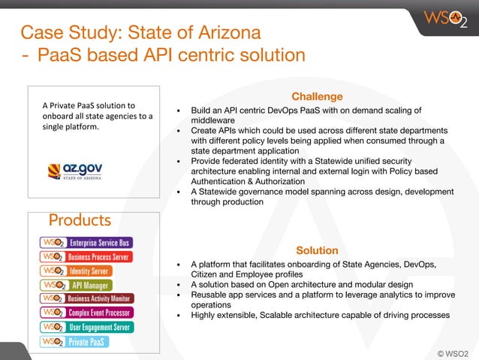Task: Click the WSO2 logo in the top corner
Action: click(x=444, y=18)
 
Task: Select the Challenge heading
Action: click(x=317, y=96)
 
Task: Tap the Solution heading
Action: click(x=317, y=250)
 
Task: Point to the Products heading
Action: click(x=80, y=220)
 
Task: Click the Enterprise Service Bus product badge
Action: click(x=86, y=243)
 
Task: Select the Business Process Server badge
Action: click(x=86, y=257)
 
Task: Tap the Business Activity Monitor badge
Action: click(x=87, y=298)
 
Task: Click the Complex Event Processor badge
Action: click(x=86, y=312)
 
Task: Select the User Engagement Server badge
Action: click(x=87, y=327)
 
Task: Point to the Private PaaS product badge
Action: click(x=74, y=341)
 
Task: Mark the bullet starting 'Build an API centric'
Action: click(x=178, y=110)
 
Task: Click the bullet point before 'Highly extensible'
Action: click(x=178, y=316)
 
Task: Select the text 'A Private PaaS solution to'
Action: click(x=89, y=106)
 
